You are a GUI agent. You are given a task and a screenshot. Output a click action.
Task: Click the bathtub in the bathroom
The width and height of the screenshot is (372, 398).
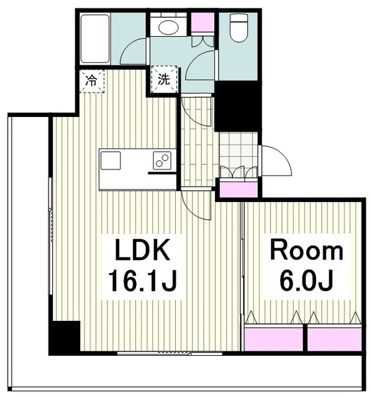95,39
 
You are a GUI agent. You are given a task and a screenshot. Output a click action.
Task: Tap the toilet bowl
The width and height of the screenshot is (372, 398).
238,27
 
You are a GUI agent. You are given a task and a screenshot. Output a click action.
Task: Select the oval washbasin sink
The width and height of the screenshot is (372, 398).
168,27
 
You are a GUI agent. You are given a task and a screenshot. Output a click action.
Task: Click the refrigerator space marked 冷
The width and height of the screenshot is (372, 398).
91,81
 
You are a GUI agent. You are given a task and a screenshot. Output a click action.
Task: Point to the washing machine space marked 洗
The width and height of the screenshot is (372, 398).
164,80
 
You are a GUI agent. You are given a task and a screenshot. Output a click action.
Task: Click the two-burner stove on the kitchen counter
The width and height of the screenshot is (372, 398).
162,160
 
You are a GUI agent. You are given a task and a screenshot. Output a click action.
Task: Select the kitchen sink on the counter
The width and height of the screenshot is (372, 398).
111,160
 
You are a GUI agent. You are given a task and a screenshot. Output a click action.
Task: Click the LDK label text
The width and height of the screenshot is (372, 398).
142,250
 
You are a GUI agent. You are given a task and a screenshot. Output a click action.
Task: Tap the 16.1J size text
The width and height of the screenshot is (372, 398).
142,281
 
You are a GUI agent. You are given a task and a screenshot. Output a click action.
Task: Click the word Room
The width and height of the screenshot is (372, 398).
307,251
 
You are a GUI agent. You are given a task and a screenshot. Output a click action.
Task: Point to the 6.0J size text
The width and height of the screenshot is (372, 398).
306,281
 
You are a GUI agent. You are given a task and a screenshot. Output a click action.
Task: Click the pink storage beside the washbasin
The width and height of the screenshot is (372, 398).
202,22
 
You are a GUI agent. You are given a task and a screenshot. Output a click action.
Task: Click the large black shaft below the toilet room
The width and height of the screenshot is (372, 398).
238,106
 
